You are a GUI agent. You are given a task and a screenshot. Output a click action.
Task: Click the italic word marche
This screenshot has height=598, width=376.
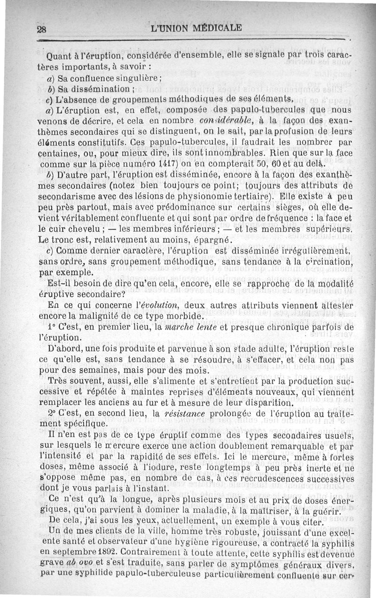tap(181, 327)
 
